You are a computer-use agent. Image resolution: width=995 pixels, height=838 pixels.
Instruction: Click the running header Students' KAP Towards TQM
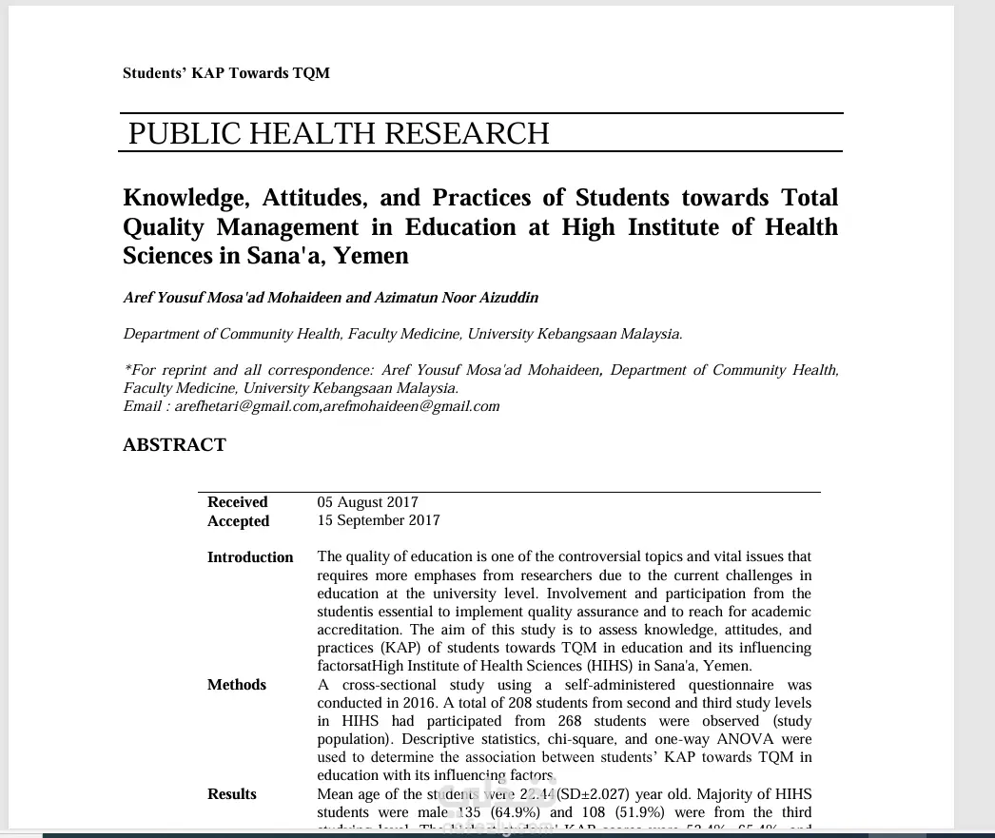coord(226,73)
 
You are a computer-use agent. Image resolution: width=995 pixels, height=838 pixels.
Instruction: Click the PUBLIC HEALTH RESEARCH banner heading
coord(339,134)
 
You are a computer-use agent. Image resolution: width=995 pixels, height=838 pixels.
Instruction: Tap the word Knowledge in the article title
coord(180,198)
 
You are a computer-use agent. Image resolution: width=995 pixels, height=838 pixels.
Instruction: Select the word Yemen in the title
coord(374,256)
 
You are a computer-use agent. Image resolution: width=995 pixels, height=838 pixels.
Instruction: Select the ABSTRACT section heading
coord(174,445)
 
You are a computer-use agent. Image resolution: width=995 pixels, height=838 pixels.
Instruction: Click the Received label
coord(238,502)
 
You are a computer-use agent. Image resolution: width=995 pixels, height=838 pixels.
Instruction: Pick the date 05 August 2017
coord(367,502)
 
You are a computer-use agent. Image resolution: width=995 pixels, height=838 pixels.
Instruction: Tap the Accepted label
coord(238,521)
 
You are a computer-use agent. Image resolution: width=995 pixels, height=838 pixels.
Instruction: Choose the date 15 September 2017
coord(379,521)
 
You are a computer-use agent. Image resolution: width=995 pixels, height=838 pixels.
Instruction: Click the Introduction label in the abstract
coord(250,557)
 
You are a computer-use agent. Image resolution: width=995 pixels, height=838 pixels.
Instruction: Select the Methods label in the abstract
coord(237,685)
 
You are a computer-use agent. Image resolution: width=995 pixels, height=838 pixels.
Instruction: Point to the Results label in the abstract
coord(232,794)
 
